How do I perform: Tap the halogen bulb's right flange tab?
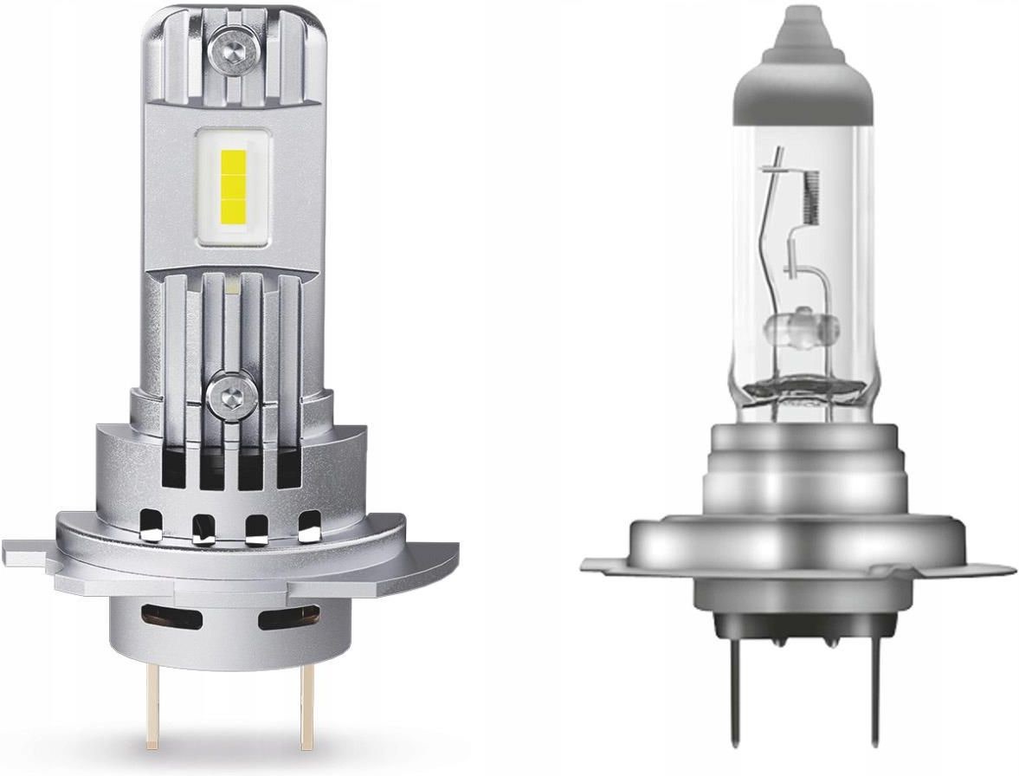pyautogui.click(x=987, y=567)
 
